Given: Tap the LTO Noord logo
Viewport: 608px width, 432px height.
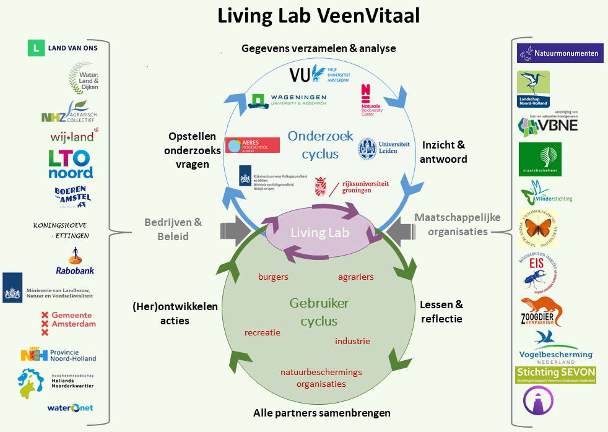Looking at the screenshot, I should point(71,164).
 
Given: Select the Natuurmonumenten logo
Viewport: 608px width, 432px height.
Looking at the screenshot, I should point(560,53).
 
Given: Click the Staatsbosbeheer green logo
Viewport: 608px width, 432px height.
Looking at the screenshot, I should point(540,159).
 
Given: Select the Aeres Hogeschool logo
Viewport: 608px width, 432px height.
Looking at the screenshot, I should point(253,145).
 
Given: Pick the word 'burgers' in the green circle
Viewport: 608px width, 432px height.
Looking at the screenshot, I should point(273,277).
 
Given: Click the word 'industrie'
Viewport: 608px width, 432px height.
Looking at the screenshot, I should point(352,341).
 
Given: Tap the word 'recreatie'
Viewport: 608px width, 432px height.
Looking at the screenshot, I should point(263,332).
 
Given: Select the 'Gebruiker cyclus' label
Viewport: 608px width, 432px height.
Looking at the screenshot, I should point(319,312).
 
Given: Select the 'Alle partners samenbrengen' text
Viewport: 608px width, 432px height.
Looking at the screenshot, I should point(321,413).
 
